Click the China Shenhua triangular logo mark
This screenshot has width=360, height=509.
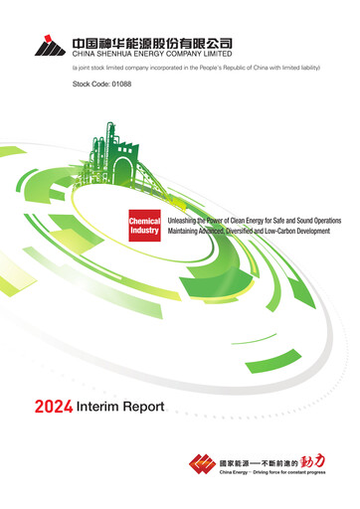(x=49, y=45)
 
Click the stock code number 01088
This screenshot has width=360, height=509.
(x=118, y=85)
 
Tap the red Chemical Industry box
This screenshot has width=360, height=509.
(x=144, y=224)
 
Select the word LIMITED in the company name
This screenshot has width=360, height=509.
(x=221, y=55)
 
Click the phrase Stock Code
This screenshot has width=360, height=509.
(x=87, y=85)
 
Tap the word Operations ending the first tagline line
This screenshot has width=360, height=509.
(x=319, y=218)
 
